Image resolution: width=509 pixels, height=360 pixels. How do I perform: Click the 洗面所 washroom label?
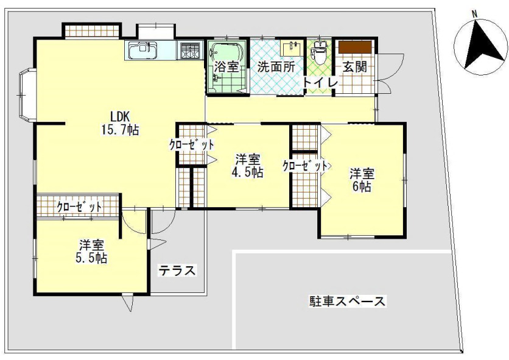pyautogui.click(x=275, y=67)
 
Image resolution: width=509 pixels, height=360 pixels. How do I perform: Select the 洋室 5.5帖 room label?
pyautogui.click(x=93, y=251)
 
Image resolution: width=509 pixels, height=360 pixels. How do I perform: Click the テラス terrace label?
pyautogui.click(x=177, y=270)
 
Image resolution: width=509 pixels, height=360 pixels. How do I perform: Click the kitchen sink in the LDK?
pyautogui.click(x=144, y=51)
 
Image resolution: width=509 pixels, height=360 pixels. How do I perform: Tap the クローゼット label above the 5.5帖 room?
pyautogui.click(x=79, y=207)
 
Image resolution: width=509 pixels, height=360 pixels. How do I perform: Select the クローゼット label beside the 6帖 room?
pyautogui.click(x=305, y=166)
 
